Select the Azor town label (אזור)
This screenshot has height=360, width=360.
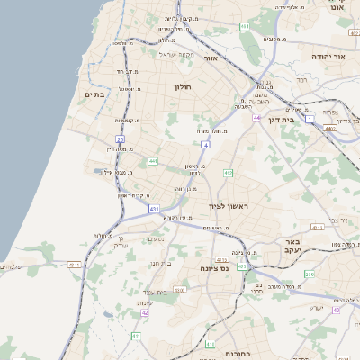[x=212, y=58]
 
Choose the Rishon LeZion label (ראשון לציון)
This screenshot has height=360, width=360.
[x=228, y=206]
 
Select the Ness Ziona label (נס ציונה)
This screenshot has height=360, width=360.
[x=214, y=270]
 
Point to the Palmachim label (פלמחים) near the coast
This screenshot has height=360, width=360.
[x=12, y=266]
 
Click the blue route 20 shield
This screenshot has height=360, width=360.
[x=120, y=139]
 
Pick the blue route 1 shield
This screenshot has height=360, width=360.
[x=310, y=118]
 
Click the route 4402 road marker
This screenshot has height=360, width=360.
[x=330, y=128]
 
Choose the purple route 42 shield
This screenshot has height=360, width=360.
[x=144, y=313]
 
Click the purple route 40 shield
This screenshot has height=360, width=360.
[x=336, y=310]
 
